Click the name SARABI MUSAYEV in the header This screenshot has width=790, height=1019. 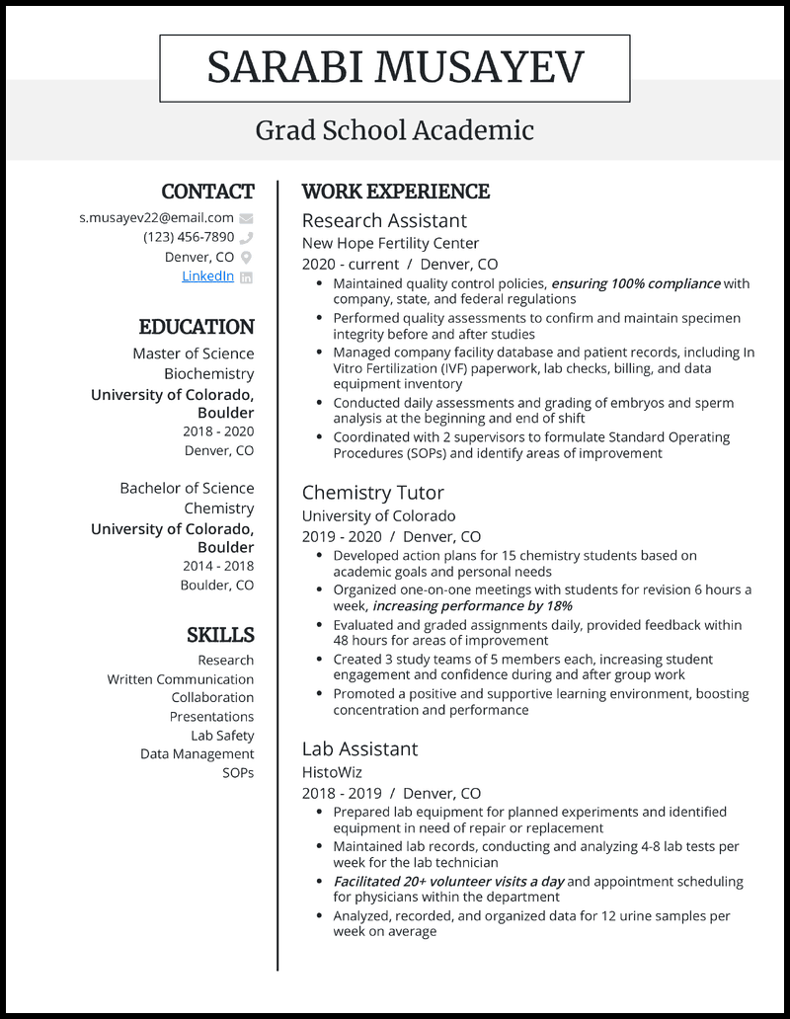coord(395,68)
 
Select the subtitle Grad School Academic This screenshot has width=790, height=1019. coord(395,130)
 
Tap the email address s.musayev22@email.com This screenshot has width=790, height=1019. coord(156,217)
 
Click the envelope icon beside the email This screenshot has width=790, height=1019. coord(246,218)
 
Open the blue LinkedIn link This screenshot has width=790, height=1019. coord(207,276)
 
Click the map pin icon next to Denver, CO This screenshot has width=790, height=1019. coord(246,258)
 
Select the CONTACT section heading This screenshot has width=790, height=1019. coord(207,192)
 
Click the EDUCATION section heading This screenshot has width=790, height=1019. coord(197,327)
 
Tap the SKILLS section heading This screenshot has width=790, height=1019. coord(220,635)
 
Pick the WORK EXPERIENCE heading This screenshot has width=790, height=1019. coord(395,192)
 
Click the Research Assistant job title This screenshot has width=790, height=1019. coord(384,220)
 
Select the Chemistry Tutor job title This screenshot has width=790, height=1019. coord(372,493)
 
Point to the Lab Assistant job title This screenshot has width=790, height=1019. coord(359,748)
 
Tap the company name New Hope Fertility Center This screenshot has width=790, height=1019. coord(390,243)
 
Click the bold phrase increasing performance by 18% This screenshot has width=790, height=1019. coord(472,606)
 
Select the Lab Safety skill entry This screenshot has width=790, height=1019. coord(222,736)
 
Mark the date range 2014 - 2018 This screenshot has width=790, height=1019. coord(217,566)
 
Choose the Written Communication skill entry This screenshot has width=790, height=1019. coord(181,679)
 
